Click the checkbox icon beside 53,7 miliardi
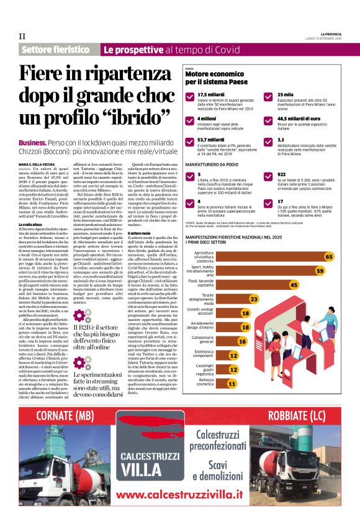point(189,142)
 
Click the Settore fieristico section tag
point(56,49)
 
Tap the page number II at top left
point(22,35)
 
